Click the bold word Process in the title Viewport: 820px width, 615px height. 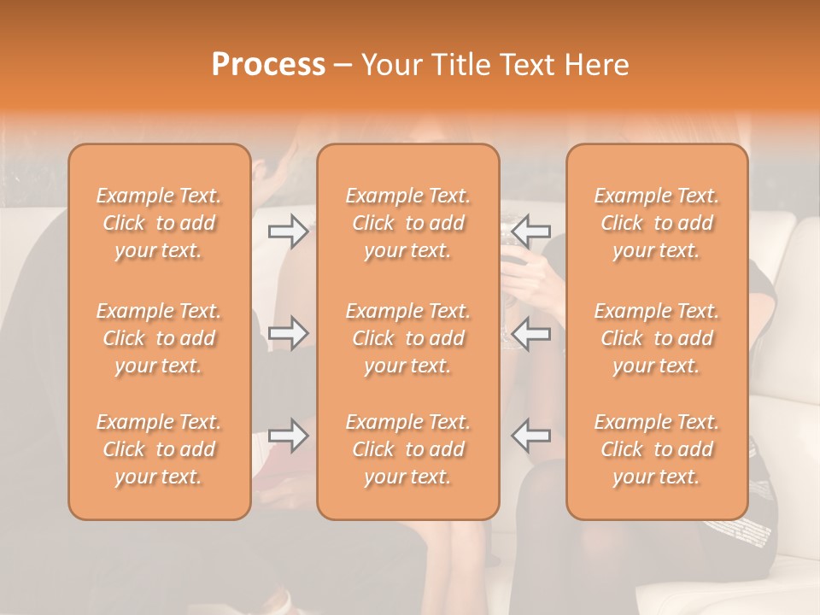coord(268,65)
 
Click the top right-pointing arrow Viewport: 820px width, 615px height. coord(288,231)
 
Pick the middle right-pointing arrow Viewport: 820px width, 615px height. coord(288,333)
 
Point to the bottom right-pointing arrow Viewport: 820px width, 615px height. coord(288,436)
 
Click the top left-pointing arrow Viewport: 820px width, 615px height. coord(531,231)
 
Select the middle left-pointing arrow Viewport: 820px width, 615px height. coord(531,333)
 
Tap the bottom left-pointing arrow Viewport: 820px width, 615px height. coord(531,436)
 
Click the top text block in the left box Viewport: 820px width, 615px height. coord(159,223)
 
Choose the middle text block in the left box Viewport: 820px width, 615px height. coord(159,338)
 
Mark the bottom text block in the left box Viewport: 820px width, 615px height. coord(159,449)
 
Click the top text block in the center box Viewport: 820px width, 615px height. coord(408,223)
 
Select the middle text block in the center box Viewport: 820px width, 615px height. coord(408,338)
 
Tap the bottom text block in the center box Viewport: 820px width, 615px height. coord(408,449)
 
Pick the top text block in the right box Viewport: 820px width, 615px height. coord(657,223)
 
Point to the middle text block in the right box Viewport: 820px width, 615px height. coord(657,338)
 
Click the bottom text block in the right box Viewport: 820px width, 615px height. coord(657,449)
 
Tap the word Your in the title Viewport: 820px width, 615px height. coord(391,65)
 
